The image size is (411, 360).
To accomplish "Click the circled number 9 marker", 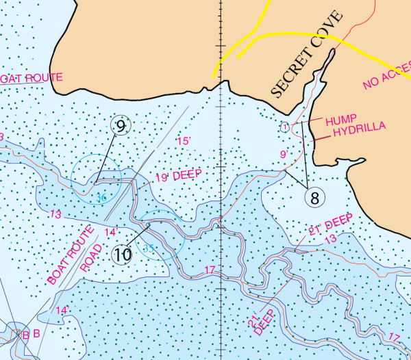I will tap(121, 126).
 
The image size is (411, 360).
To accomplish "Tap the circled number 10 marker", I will tap(122, 255).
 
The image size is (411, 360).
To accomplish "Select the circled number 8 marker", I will tap(314, 198).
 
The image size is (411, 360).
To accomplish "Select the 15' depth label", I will tap(183, 141).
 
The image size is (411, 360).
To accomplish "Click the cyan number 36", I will tap(102, 198).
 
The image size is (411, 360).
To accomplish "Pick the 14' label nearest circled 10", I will tap(110, 232).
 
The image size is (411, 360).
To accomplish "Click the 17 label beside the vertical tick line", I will tap(210, 270).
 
